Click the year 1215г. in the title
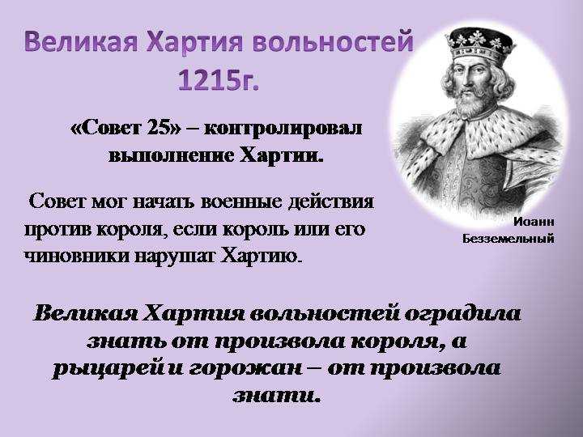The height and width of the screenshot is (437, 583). (219, 79)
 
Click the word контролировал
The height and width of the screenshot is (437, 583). (283, 129)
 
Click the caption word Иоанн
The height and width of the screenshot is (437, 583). (534, 222)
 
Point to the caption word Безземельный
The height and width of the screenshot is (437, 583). (509, 239)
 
